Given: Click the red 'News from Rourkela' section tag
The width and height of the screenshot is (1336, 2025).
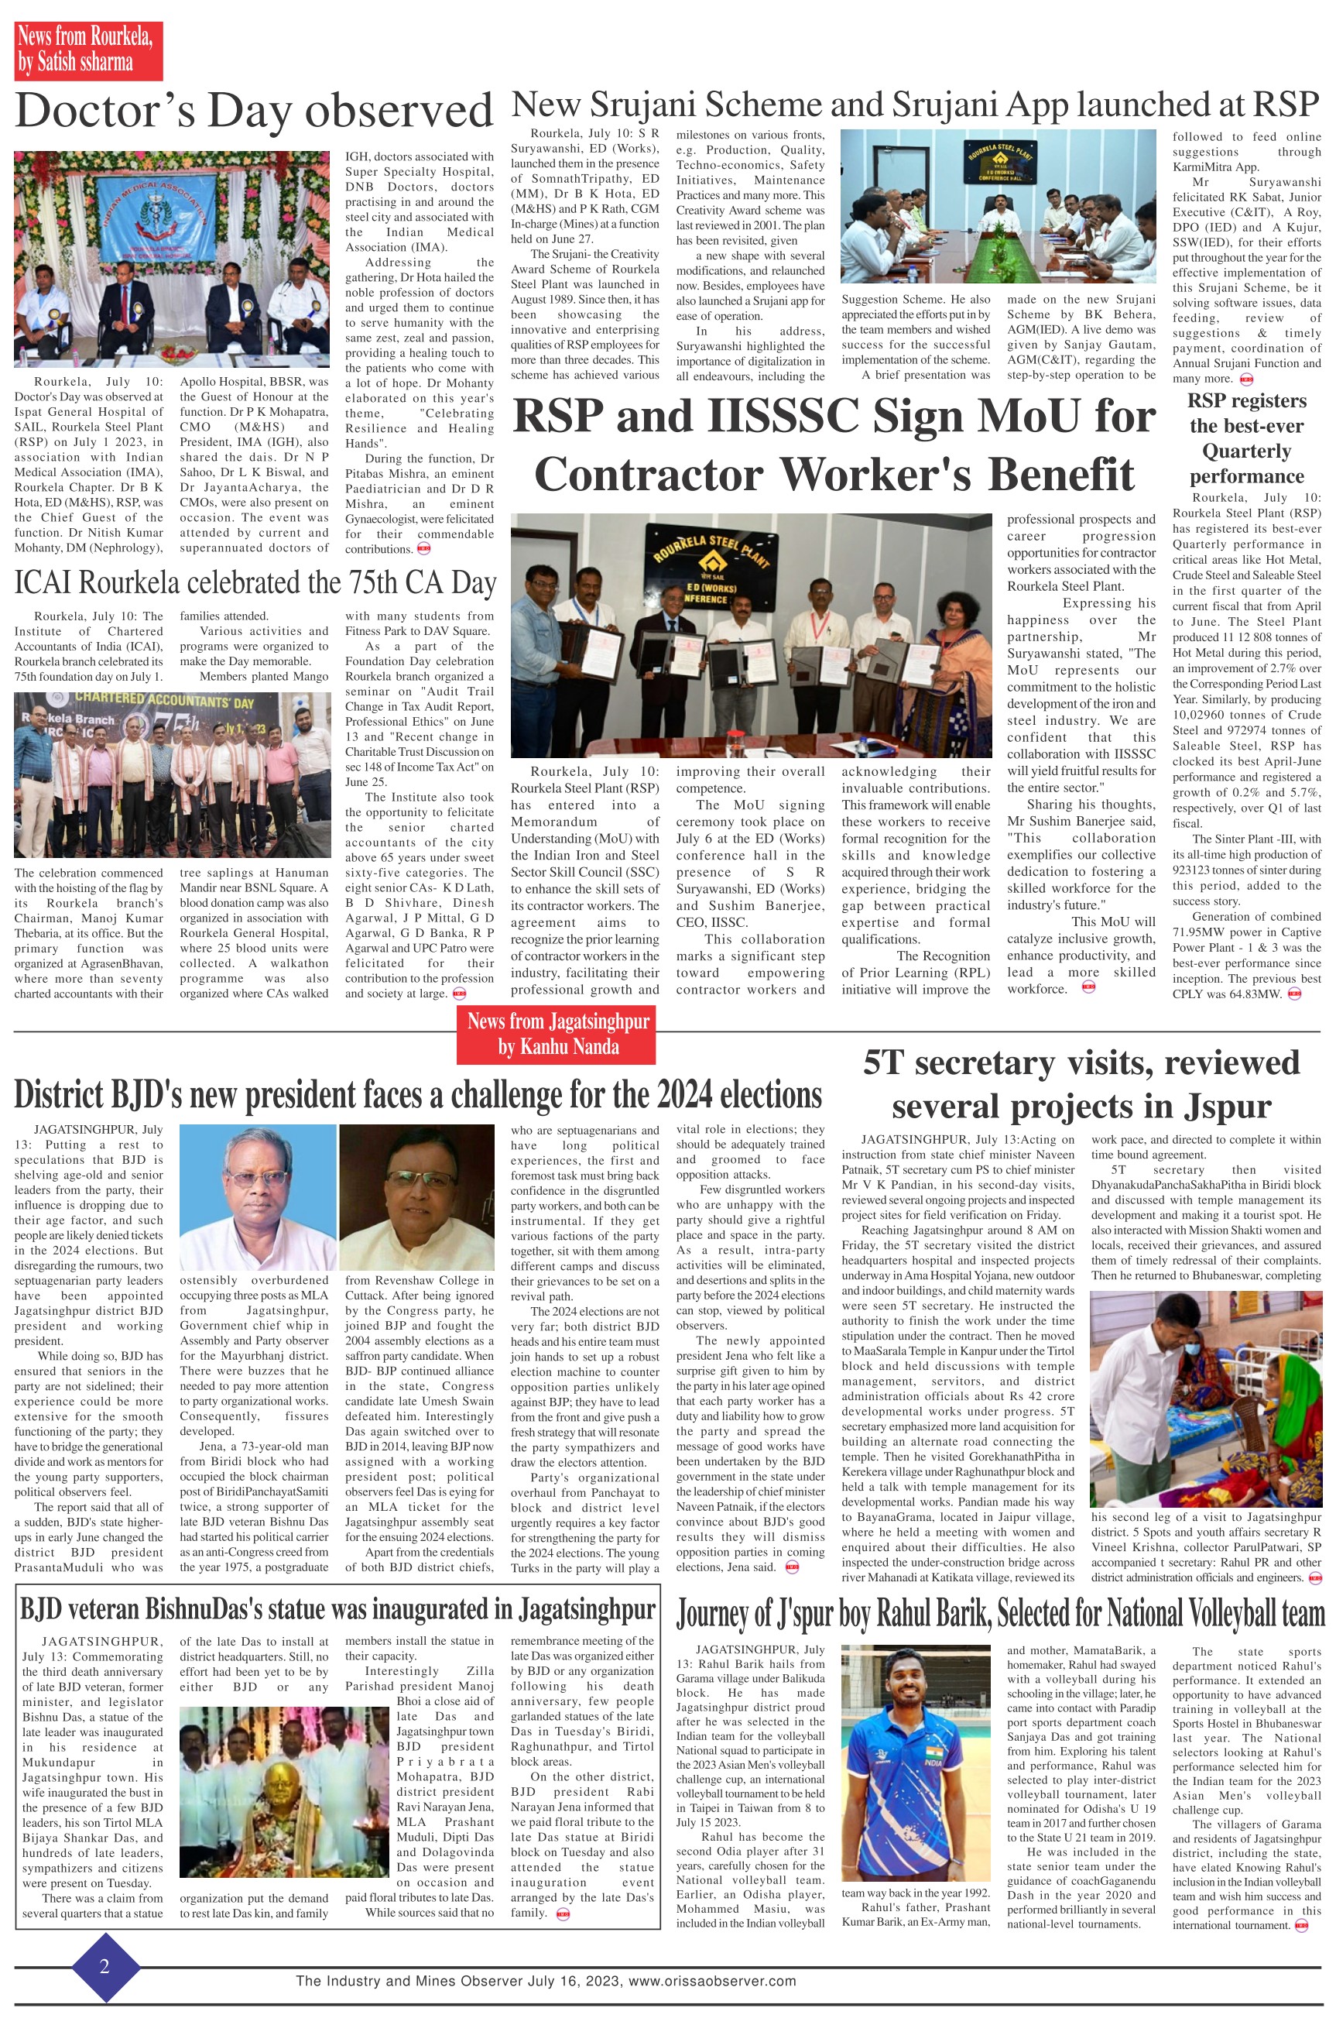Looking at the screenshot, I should (87, 50).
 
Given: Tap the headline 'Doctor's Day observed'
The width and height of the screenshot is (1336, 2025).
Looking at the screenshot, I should (254, 112).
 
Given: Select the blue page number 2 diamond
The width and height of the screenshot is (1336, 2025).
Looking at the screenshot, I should (104, 1965).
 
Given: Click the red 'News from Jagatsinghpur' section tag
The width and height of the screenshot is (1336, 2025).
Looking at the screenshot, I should (558, 1034).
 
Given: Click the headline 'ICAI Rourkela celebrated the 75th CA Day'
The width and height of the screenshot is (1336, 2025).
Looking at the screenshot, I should (255, 583).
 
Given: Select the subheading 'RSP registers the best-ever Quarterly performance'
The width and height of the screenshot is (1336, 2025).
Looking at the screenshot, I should (1245, 438).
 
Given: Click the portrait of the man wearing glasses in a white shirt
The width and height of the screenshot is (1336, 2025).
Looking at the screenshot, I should (259, 1197).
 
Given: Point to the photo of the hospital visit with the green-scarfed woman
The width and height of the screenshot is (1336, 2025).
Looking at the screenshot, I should (1204, 1399).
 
